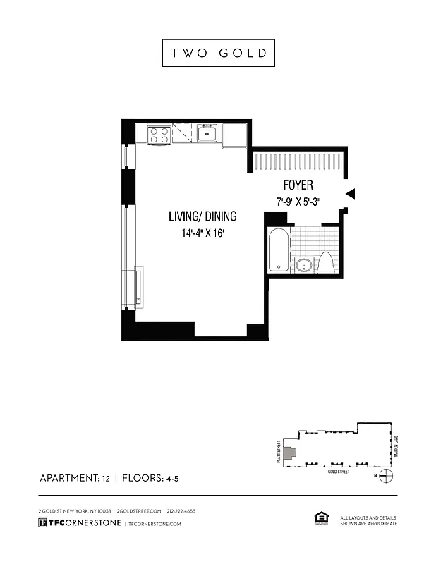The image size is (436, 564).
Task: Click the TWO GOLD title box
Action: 218,53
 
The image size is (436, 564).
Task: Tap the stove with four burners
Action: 159,134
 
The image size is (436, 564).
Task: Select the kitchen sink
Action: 207,133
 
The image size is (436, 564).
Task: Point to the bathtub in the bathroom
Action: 279,250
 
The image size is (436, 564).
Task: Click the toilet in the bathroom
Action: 326,263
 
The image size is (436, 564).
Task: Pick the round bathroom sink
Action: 303,266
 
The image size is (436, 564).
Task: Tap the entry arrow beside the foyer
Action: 351,194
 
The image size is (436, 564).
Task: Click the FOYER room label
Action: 298,187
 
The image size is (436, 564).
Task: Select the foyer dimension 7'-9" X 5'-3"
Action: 298,202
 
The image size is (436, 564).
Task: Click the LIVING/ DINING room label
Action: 202,216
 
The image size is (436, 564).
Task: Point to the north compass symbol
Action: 385,477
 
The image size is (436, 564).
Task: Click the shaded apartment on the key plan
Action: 296,452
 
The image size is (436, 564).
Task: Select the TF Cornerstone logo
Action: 80,523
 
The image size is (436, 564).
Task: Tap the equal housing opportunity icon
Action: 317,520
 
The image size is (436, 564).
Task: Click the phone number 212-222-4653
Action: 180,510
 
